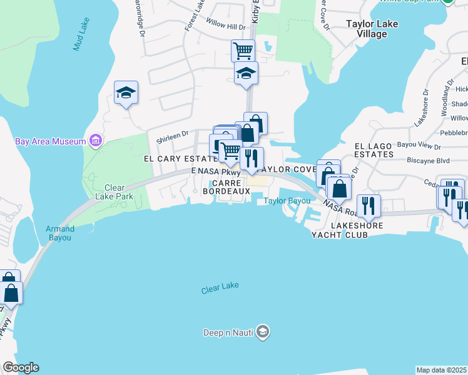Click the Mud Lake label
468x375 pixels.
80,34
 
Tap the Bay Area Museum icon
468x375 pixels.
96,141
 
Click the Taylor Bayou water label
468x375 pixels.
287,201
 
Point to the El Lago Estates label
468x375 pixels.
374,150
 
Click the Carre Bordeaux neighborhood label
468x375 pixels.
226,186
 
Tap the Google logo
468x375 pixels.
21,367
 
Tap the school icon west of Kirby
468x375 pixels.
126,92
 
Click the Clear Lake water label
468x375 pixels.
220,290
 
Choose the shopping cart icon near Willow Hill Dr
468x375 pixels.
243,49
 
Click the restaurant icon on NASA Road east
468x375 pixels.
367,204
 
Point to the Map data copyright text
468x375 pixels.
442,370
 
